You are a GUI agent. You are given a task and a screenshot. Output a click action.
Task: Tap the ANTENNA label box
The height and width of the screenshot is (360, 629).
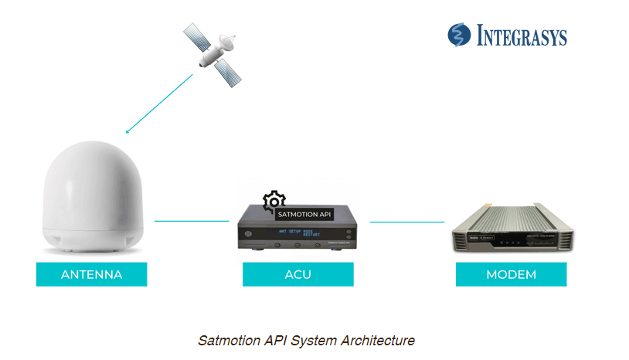[x=91, y=274]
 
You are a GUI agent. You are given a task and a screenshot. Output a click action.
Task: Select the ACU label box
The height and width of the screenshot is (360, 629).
[x=297, y=274]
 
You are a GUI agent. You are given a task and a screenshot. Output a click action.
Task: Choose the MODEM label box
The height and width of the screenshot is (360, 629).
[x=511, y=274]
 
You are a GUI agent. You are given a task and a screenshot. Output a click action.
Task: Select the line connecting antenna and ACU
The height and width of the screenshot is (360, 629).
[x=192, y=221]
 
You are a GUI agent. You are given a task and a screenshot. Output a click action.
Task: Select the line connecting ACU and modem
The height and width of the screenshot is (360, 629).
[x=406, y=222]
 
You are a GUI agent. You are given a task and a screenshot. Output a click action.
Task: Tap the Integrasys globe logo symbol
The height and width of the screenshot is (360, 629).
[x=459, y=36]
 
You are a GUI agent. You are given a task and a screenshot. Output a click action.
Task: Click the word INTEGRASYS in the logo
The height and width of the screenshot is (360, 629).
[x=521, y=36]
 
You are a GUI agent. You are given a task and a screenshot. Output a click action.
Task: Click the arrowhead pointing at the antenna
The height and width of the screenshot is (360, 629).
[x=128, y=131]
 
